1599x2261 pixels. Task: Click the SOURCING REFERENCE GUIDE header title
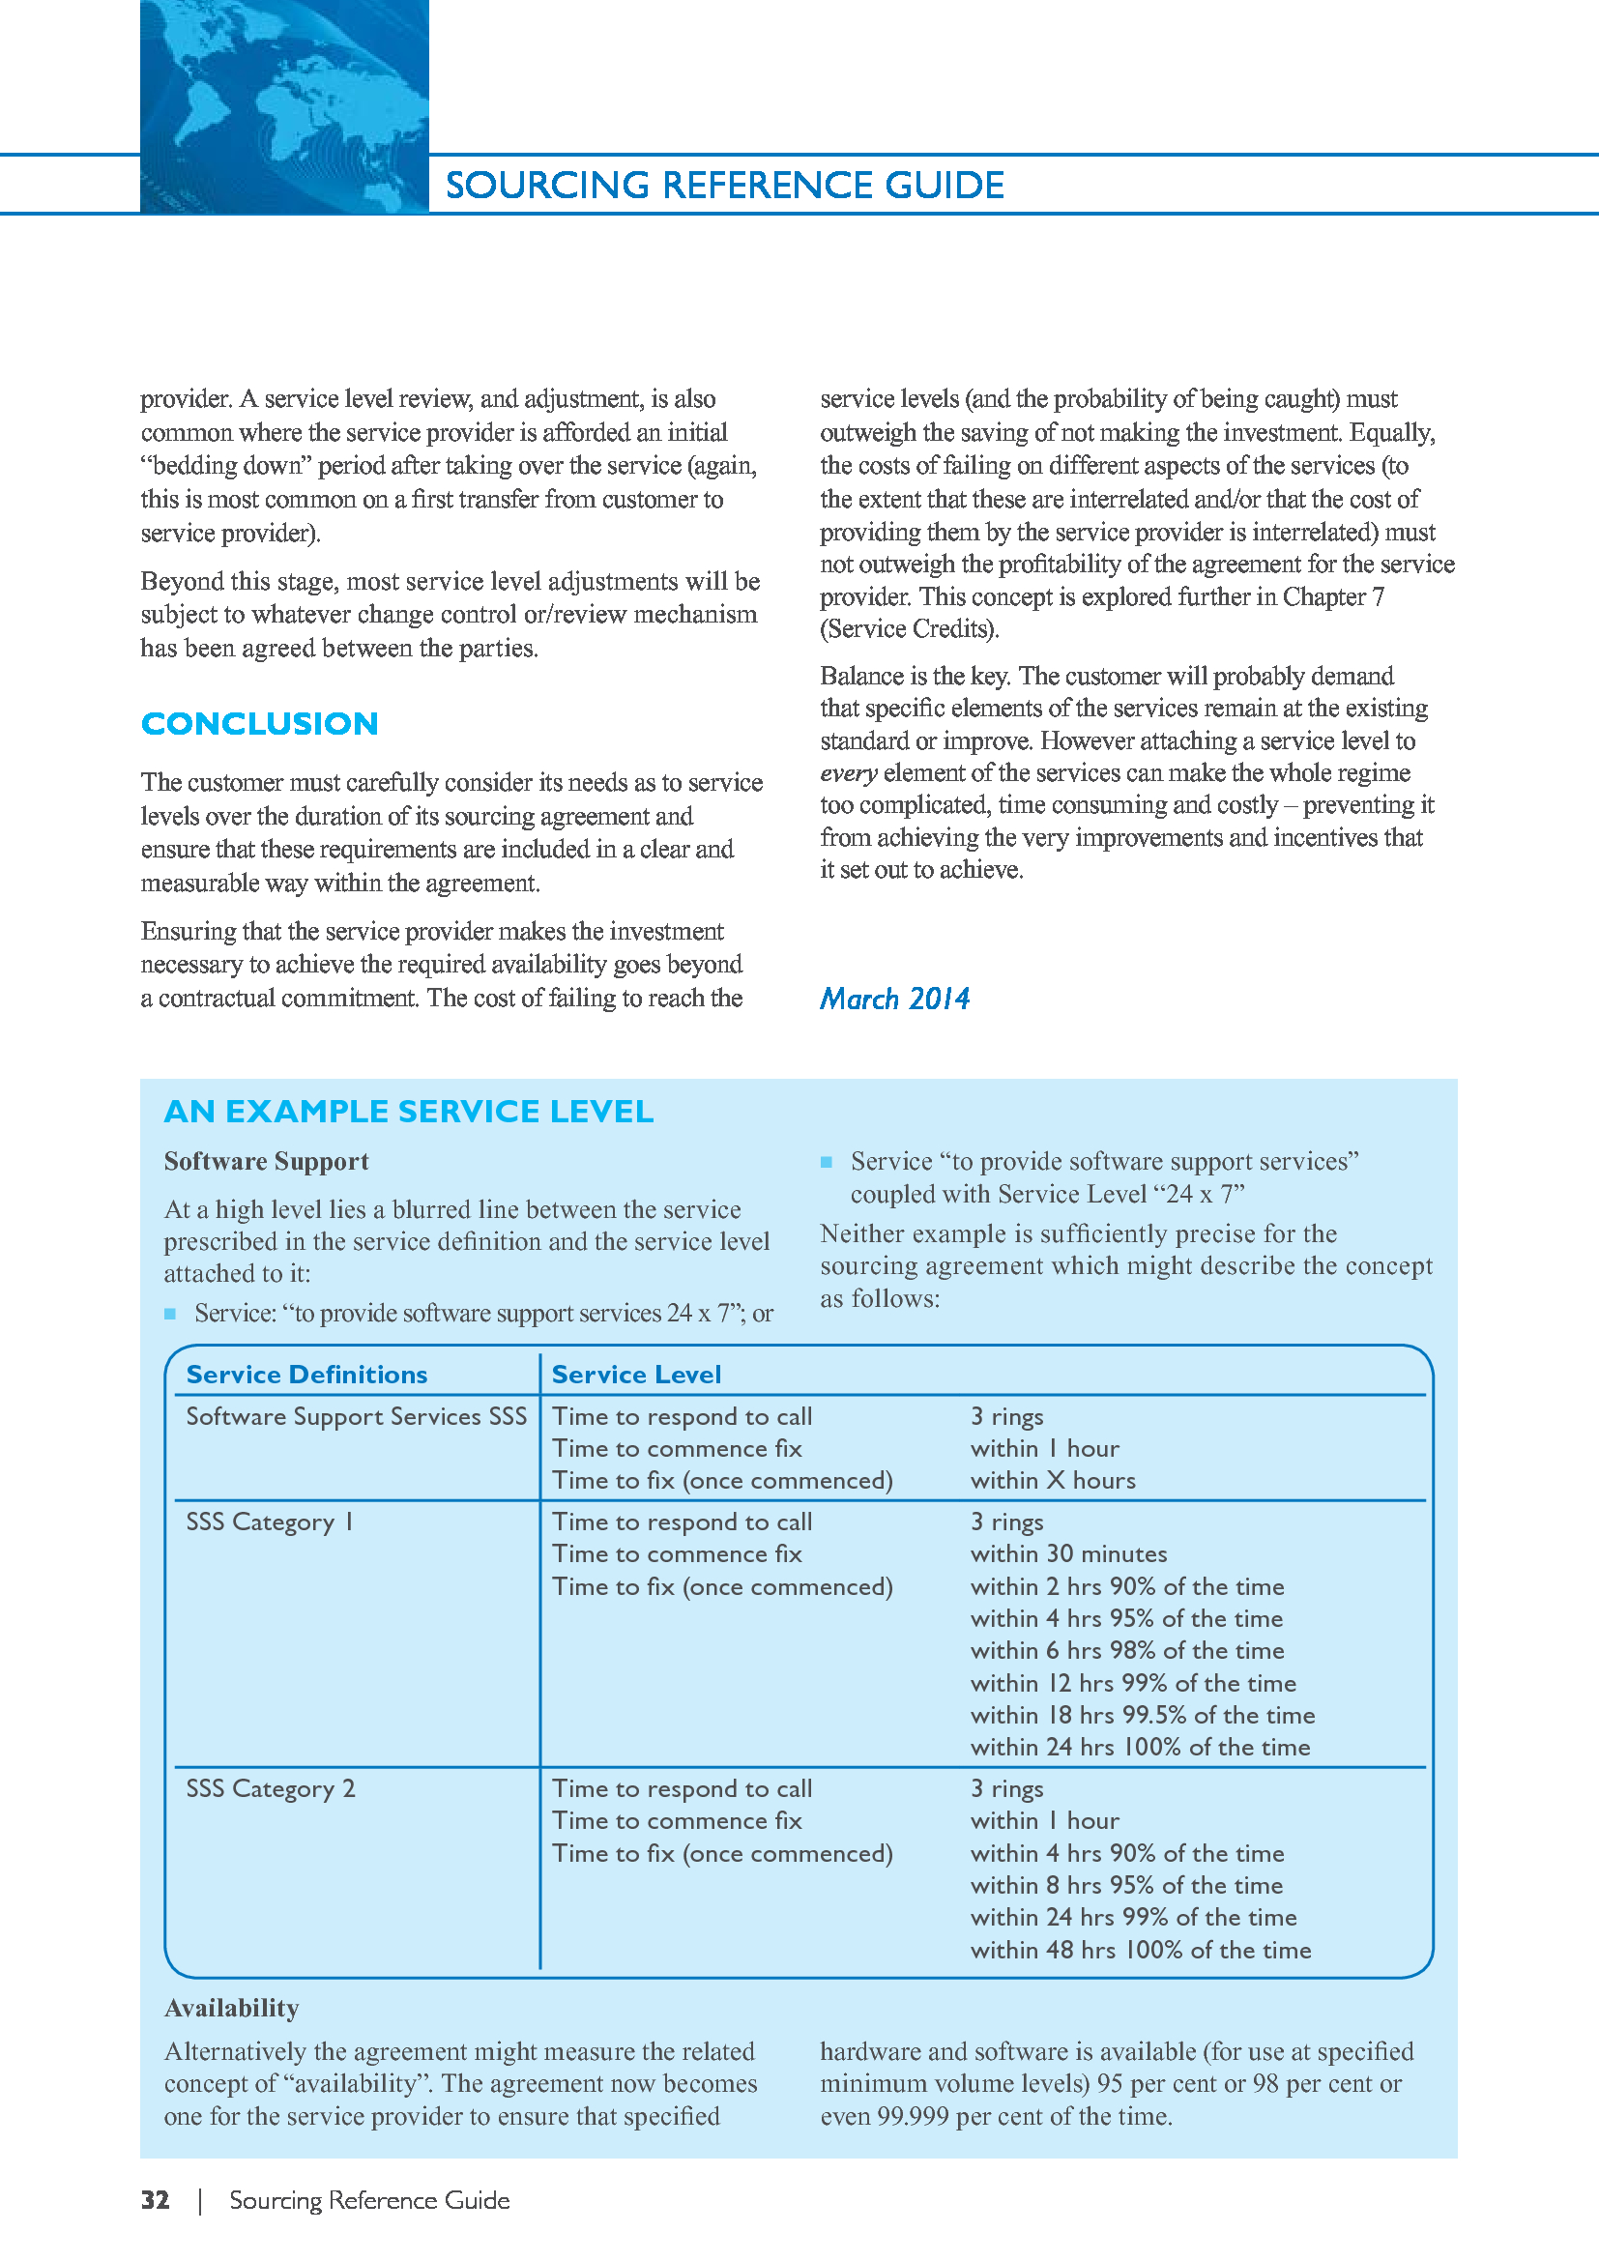pyautogui.click(x=725, y=186)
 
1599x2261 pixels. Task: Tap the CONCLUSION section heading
pyautogui.click(x=260, y=724)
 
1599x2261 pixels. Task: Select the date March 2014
pyautogui.click(x=894, y=999)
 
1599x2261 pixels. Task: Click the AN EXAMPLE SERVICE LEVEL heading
pyautogui.click(x=409, y=1111)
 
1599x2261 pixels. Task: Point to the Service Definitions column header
pyautogui.click(x=306, y=1374)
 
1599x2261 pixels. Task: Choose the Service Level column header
pyautogui.click(x=636, y=1374)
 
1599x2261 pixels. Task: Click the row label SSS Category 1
pyautogui.click(x=269, y=1522)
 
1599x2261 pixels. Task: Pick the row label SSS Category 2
pyautogui.click(x=270, y=1788)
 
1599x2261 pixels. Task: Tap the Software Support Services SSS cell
pyautogui.click(x=356, y=1416)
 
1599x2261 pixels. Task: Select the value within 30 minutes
pyautogui.click(x=1068, y=1554)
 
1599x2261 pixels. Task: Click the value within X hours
pyautogui.click(x=1053, y=1480)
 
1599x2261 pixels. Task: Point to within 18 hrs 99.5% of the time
pyautogui.click(x=1142, y=1715)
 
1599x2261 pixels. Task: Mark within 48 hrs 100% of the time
pyautogui.click(x=1140, y=1950)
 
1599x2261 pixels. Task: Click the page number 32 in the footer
pyautogui.click(x=155, y=2200)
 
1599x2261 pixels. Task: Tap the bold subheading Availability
pyautogui.click(x=231, y=2008)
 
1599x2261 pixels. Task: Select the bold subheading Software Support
pyautogui.click(x=266, y=1161)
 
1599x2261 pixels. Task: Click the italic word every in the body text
pyautogui.click(x=848, y=773)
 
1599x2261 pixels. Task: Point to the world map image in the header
pyautogui.click(x=283, y=106)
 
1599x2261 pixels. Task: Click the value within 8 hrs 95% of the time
pyautogui.click(x=1126, y=1885)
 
